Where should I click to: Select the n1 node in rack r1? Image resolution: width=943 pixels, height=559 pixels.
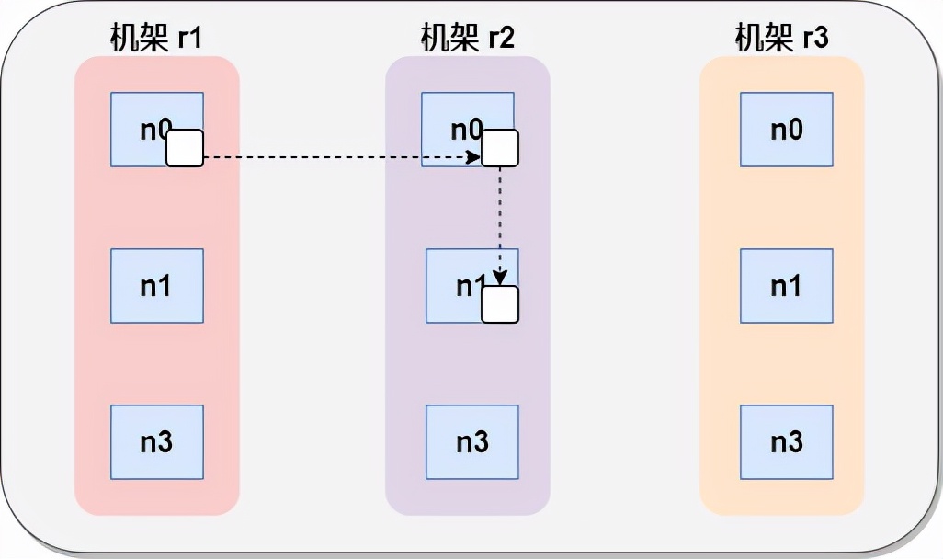(x=156, y=285)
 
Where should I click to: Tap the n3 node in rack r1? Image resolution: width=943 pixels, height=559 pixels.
(x=156, y=441)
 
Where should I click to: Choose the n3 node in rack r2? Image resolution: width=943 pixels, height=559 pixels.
(x=471, y=441)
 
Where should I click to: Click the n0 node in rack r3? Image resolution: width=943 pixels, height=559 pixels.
(x=786, y=129)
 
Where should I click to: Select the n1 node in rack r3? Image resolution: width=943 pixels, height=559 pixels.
(x=786, y=285)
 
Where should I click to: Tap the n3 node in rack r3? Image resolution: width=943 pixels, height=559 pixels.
(x=786, y=441)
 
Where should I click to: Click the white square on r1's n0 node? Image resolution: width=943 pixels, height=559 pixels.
(x=185, y=148)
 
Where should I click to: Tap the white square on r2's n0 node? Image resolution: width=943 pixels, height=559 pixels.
(x=500, y=148)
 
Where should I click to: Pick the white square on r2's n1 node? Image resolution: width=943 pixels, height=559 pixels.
(x=500, y=304)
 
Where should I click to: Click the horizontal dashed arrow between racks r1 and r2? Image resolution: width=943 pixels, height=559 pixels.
(x=340, y=157)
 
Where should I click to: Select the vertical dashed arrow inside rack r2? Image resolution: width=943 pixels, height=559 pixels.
(x=500, y=221)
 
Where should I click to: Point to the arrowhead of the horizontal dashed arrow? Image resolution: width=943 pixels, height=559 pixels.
(x=474, y=157)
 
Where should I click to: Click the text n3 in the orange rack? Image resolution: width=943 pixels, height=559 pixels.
(x=786, y=441)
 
